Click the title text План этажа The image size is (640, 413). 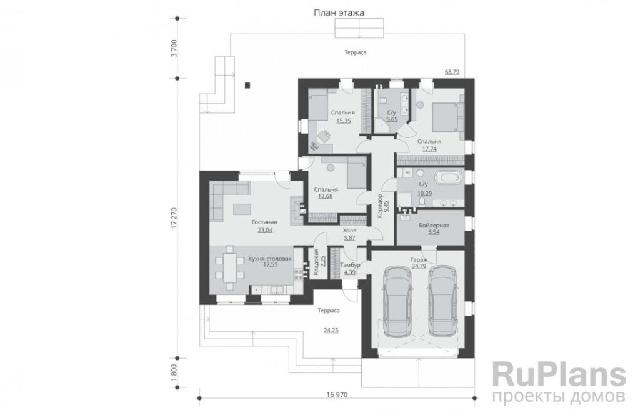(x=339, y=12)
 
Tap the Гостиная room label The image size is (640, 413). (x=264, y=222)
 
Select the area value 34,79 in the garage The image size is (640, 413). (x=419, y=267)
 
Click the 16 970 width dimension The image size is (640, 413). (x=337, y=395)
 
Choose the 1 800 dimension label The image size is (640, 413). (x=174, y=373)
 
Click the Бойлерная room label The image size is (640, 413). (x=434, y=226)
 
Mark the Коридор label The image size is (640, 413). (x=379, y=206)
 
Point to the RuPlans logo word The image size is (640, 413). (x=559, y=374)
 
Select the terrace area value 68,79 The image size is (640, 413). (x=452, y=72)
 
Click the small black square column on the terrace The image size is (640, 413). (x=247, y=86)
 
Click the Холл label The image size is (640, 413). (x=350, y=231)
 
